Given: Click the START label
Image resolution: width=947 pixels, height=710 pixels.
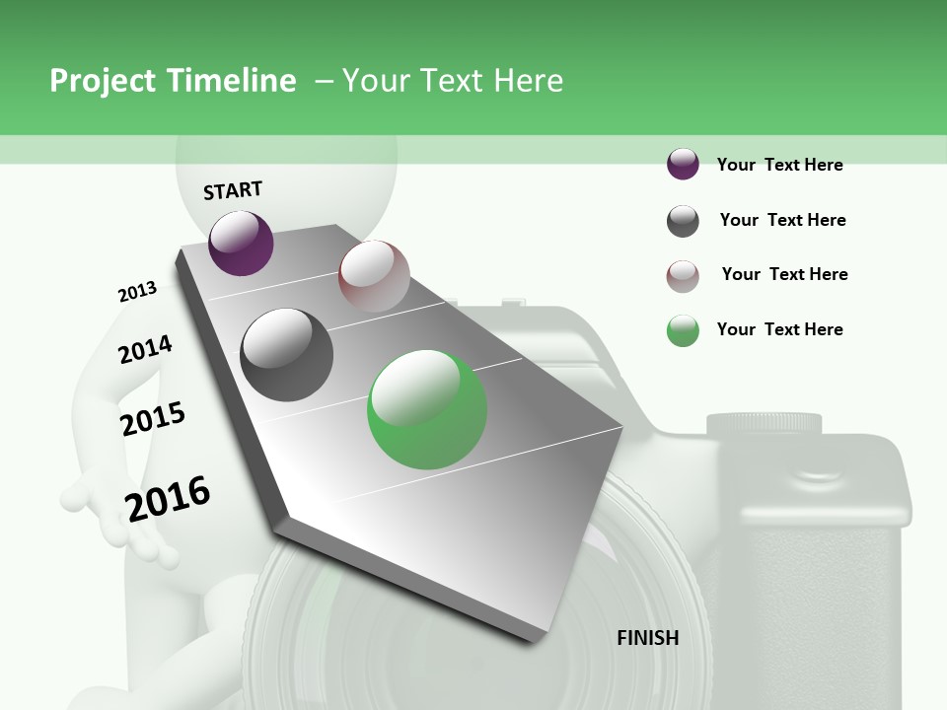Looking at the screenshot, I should pos(233,190).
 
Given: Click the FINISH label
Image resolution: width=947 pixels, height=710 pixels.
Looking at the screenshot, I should pos(647,638).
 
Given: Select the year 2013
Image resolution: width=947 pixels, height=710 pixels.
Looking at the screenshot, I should pos(137,292).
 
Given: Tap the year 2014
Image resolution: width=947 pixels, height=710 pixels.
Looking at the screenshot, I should pos(145,349).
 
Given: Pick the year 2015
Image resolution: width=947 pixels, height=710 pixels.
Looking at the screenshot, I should pos(153,419).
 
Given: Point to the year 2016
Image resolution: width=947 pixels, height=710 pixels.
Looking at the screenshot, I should pos(168,498).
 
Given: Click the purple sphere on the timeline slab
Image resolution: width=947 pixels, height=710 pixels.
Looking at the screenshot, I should pos(241,243).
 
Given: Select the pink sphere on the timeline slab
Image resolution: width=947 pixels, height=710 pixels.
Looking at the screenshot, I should pos(374,275).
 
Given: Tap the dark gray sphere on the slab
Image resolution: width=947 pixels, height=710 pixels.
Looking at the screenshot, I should pos(286,354).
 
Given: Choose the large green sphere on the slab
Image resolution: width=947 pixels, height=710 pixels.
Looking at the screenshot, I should pos(426,409).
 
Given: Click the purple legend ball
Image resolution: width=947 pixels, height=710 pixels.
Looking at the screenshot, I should pos(683,165).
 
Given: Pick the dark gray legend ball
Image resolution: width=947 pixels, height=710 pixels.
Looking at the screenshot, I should pos(683,221).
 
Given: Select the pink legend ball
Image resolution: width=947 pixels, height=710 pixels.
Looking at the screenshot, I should pos(683,276).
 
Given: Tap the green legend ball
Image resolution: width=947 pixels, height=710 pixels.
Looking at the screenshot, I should pos(683,330).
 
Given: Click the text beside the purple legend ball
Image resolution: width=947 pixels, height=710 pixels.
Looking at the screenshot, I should pos(779,165).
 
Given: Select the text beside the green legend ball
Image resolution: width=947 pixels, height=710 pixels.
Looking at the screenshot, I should pos(779,329).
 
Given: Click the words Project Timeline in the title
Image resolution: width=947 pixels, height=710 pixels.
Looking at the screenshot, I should pos(173,81).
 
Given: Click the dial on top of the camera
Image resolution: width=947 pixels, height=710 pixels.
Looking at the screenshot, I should pos(764,424).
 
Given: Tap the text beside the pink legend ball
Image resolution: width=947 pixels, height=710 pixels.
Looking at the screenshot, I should pos(784,274).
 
